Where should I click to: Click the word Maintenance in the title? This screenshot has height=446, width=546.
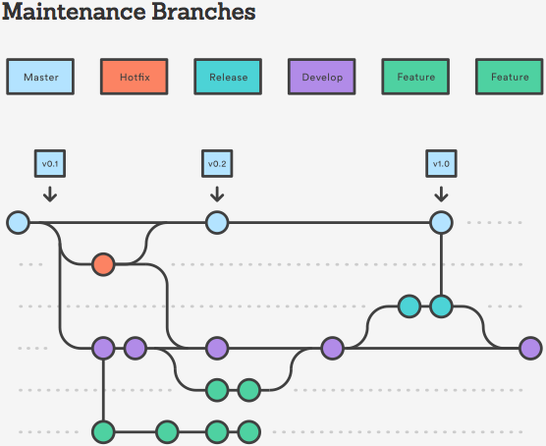(73, 14)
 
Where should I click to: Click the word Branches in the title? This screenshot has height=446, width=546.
(202, 14)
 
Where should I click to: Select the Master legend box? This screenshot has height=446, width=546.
(40, 77)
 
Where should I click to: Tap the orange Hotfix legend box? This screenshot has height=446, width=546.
(135, 77)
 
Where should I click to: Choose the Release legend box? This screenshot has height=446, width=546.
(228, 77)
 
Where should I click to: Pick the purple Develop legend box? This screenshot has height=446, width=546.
(322, 77)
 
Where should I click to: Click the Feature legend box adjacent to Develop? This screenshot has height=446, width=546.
(415, 77)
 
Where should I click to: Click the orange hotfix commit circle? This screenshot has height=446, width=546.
(103, 264)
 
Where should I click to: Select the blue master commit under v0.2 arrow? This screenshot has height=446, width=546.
(217, 223)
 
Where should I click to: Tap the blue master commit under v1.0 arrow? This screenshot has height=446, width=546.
(441, 223)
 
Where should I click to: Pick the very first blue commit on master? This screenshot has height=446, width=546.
(18, 223)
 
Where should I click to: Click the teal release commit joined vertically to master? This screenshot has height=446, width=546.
(441, 307)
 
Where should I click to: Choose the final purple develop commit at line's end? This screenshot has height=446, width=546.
(530, 348)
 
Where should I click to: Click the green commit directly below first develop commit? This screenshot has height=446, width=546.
(103, 431)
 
